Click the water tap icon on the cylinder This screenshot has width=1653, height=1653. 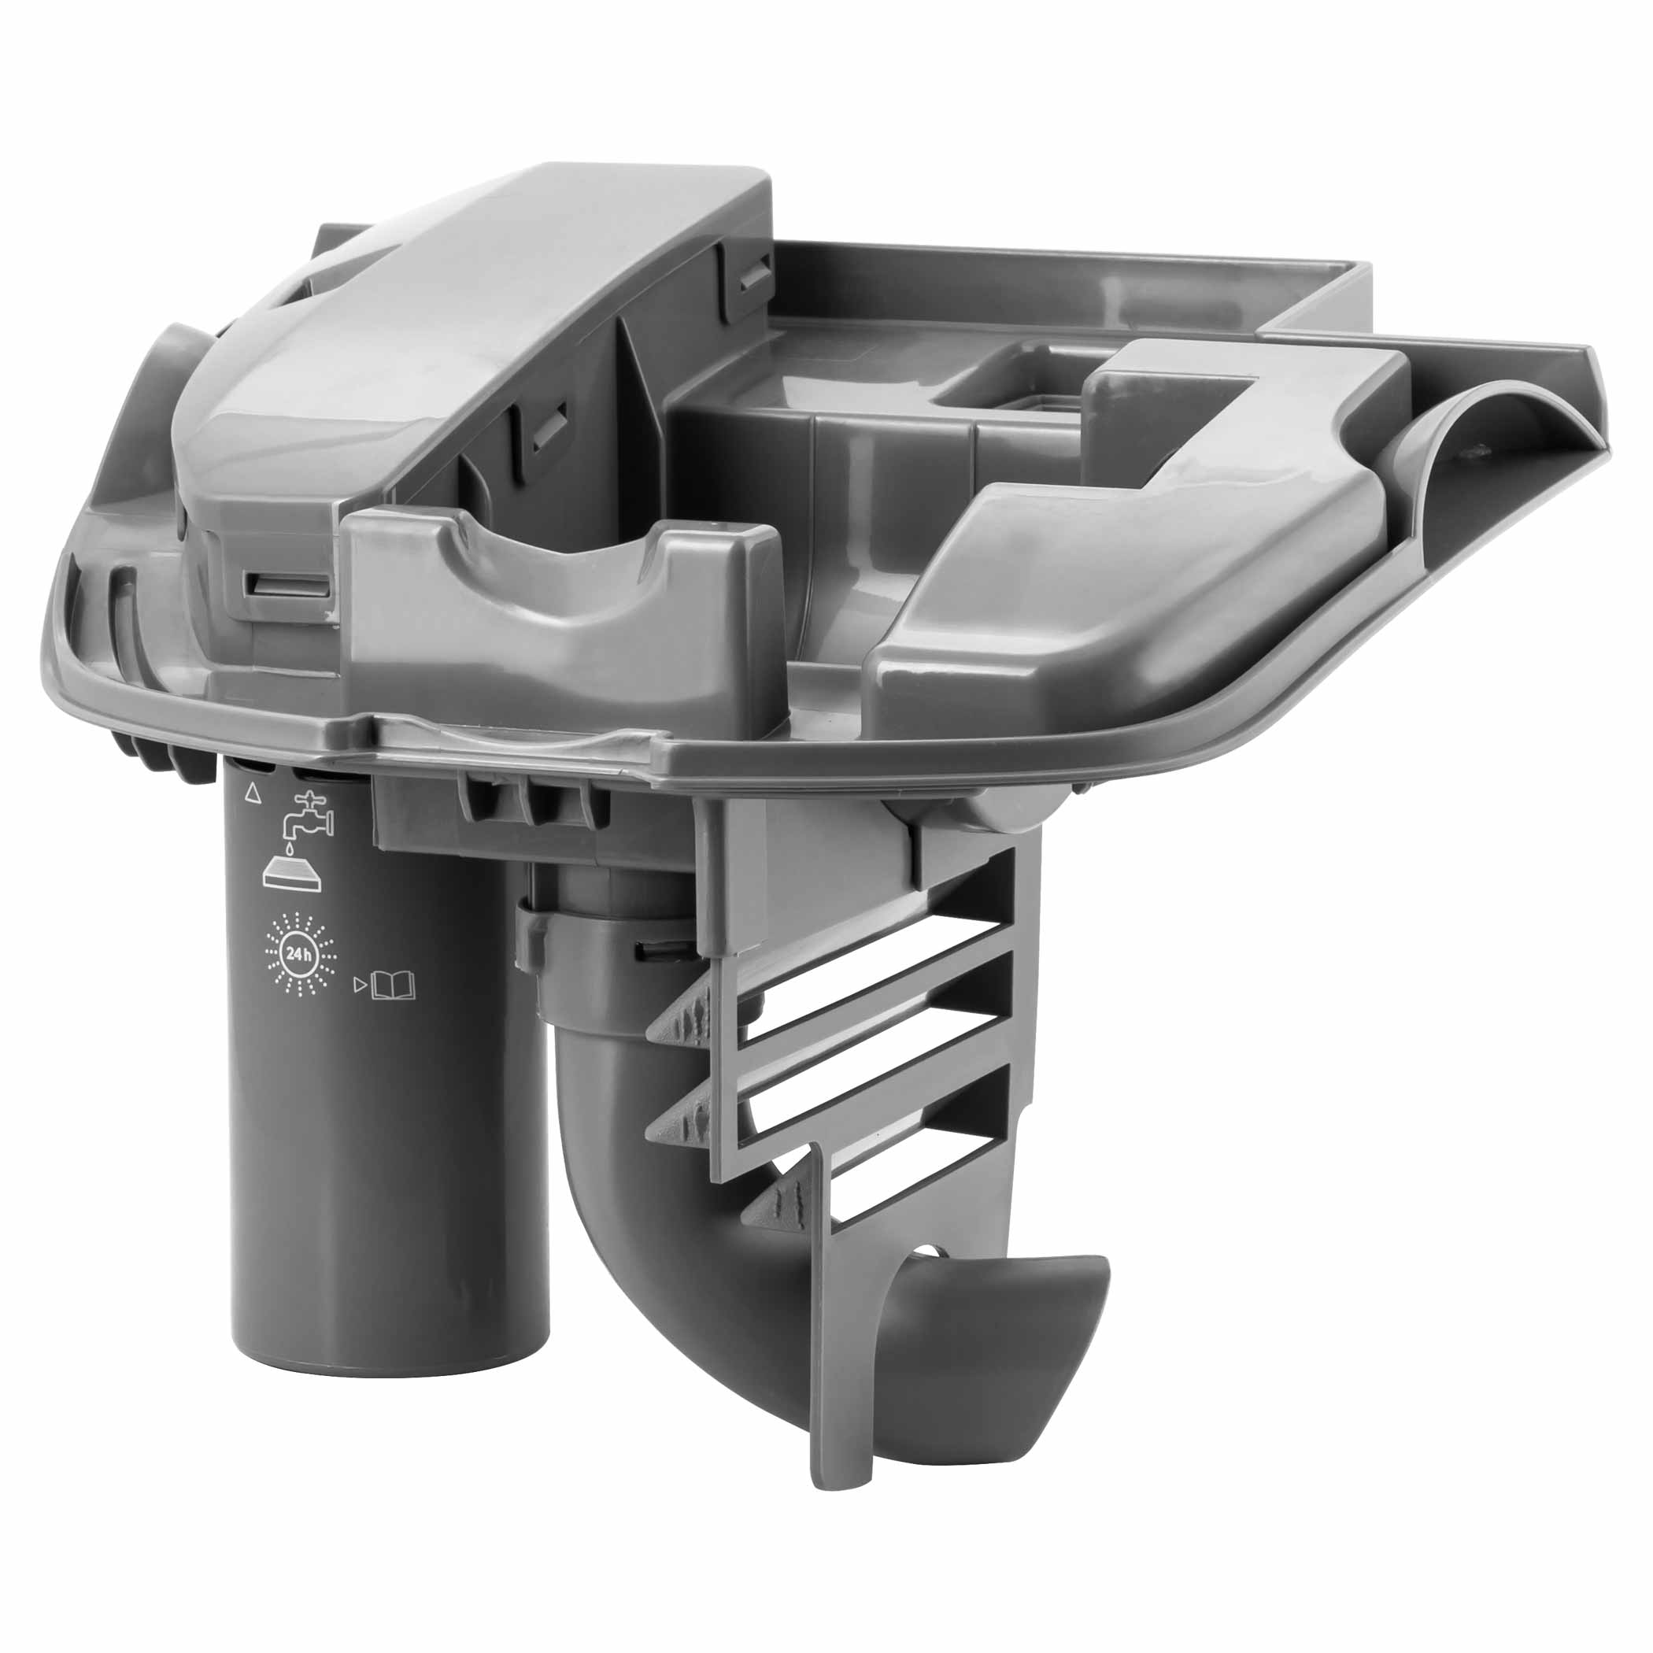(x=309, y=816)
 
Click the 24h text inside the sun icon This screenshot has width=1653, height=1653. (x=299, y=955)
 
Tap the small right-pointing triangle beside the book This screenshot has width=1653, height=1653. (x=360, y=986)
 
